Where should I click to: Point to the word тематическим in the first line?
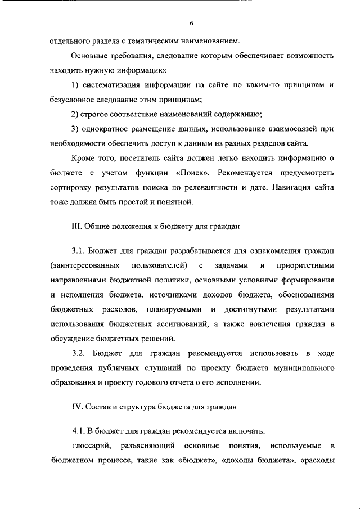(141, 42)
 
